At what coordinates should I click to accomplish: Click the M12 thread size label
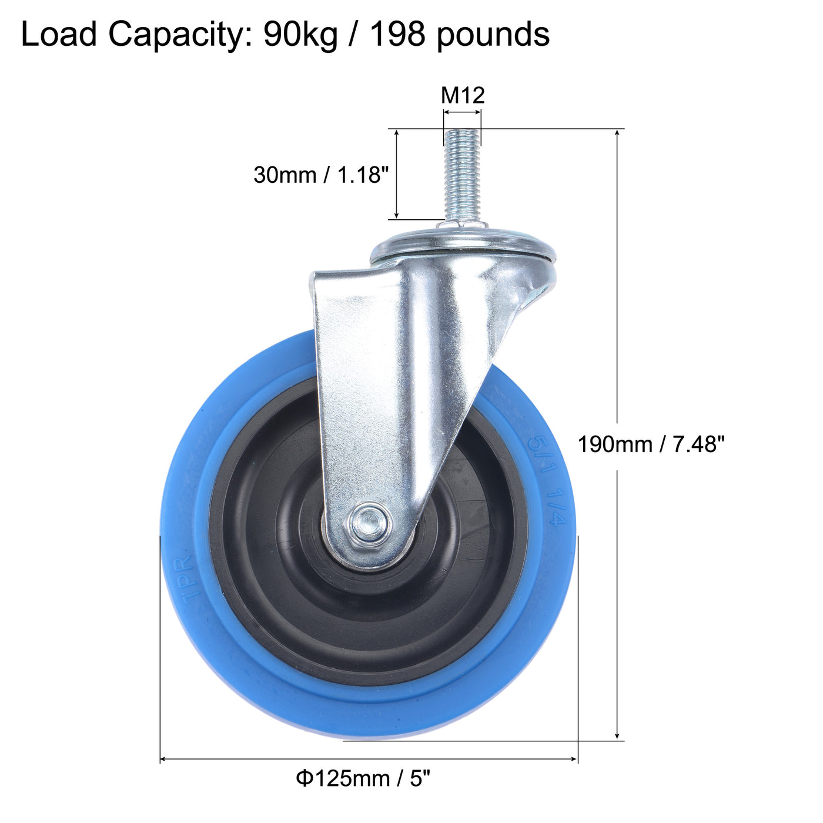click(x=463, y=95)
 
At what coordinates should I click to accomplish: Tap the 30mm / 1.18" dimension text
click(x=321, y=175)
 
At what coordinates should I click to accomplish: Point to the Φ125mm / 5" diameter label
click(x=363, y=779)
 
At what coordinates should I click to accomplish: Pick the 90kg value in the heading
click(x=300, y=34)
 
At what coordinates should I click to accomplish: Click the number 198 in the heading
click(x=397, y=34)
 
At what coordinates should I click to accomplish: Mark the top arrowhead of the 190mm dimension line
click(x=617, y=133)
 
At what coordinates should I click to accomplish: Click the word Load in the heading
click(x=59, y=34)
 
